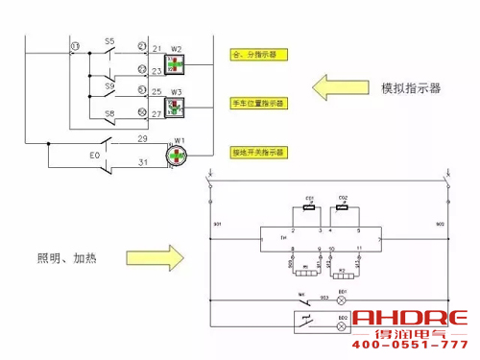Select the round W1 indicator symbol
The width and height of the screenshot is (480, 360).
coord(176,155)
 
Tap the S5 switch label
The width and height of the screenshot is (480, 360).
coord(109,41)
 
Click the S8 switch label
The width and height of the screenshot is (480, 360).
coord(109,112)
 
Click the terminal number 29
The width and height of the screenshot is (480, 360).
coord(142,140)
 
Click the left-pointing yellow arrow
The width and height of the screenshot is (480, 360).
coord(342,88)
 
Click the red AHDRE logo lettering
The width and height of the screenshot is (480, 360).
coord(411,319)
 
